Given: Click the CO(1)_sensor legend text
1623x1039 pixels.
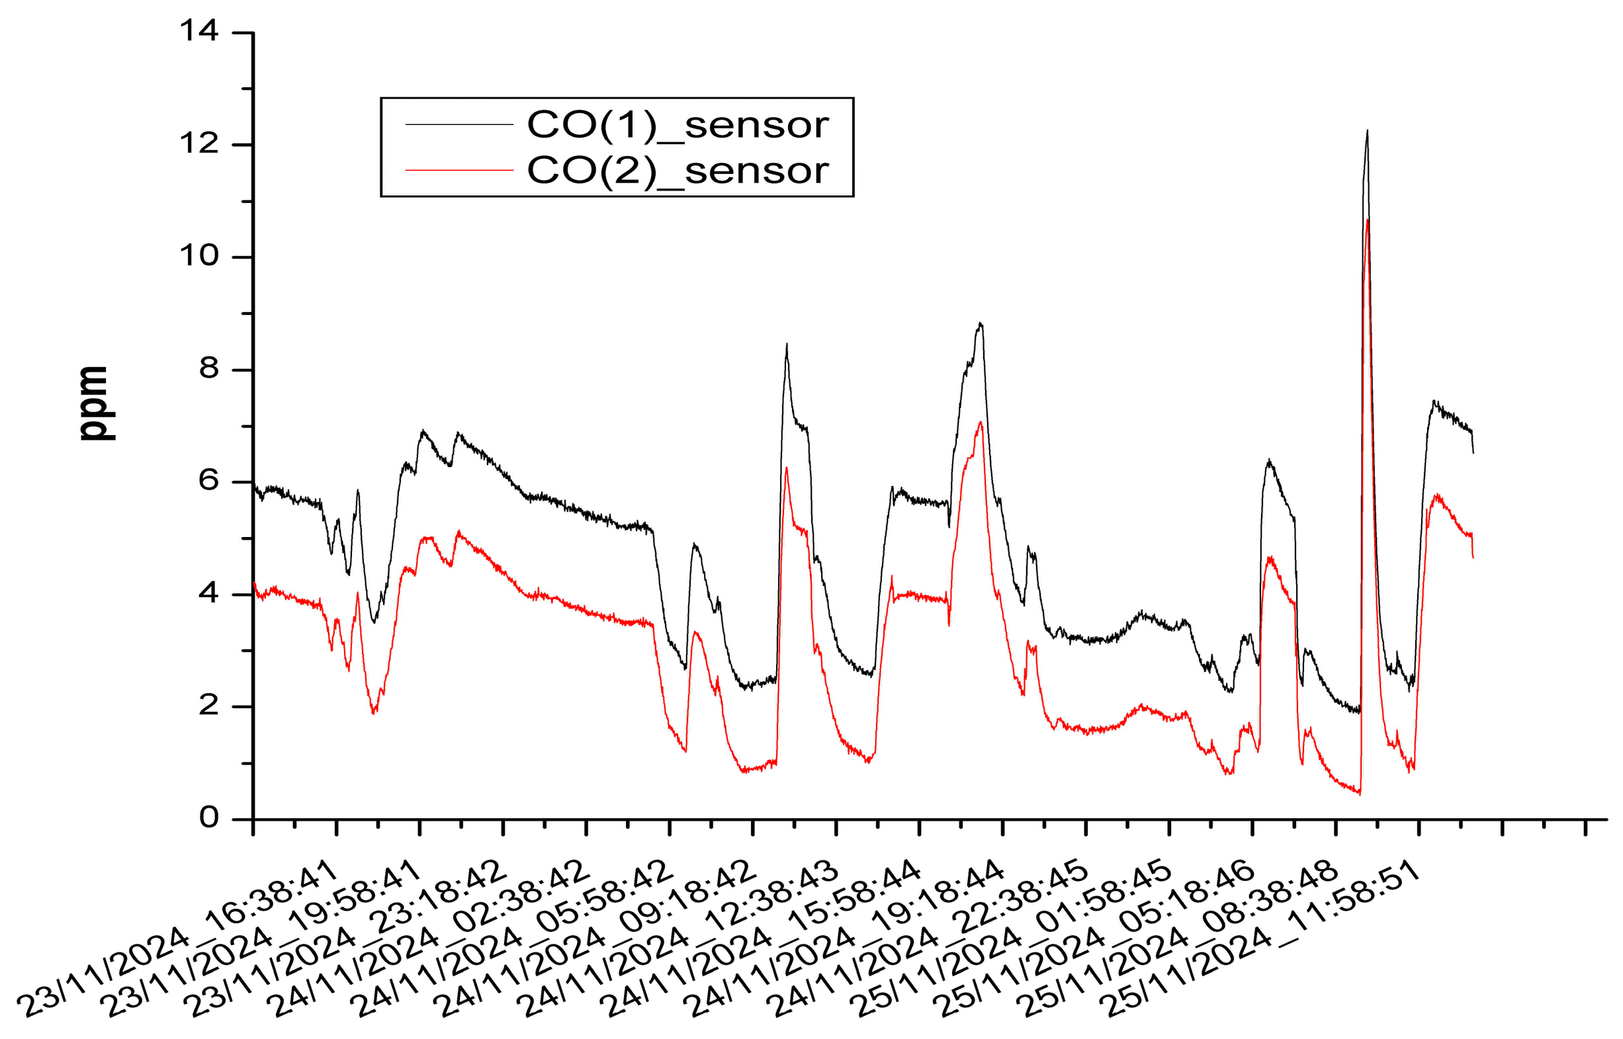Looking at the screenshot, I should click(677, 126).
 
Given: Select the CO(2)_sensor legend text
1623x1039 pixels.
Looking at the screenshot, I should click(677, 171).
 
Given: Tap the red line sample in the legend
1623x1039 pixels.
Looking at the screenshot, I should click(459, 171).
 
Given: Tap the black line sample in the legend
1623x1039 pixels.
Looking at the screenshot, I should click(459, 125).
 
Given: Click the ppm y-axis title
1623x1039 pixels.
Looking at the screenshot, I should click(93, 403).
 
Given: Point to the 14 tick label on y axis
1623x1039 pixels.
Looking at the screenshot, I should click(198, 31).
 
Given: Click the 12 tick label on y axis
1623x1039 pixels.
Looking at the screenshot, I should click(198, 143).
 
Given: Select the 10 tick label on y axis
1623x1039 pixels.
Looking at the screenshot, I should click(198, 256).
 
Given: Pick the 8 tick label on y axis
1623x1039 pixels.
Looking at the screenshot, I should click(208, 368).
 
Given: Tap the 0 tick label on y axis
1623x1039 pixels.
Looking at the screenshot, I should click(208, 817).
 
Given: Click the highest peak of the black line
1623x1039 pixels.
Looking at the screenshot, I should click(1367, 132).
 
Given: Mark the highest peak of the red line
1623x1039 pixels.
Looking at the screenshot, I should click(1367, 221).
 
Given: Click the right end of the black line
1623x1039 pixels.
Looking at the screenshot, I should click(1473, 452).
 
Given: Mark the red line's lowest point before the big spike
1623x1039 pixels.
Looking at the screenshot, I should click(1359, 794).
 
